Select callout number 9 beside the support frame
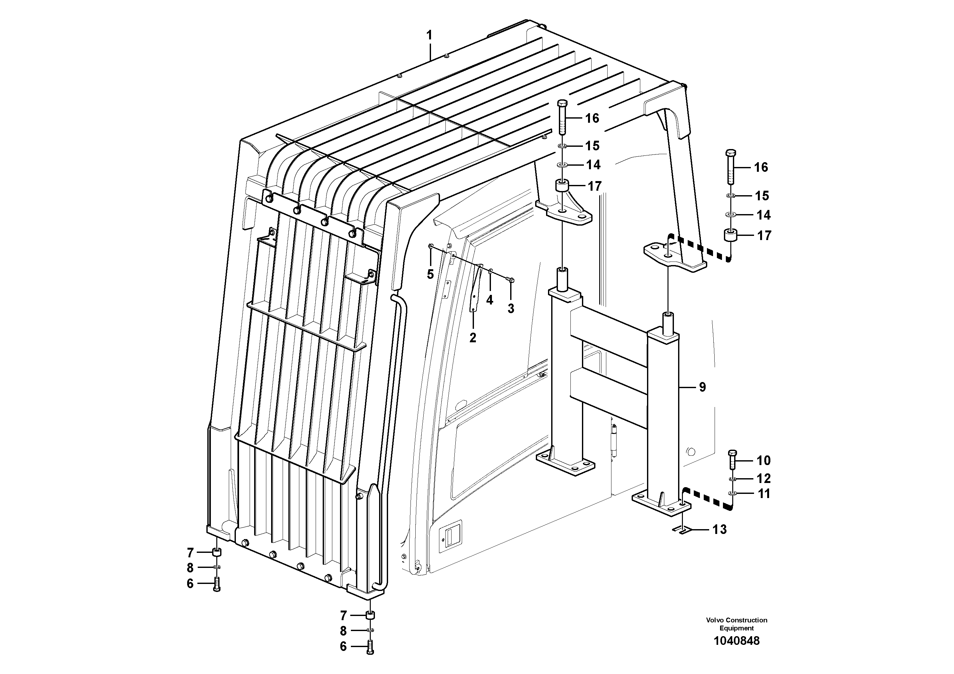(x=702, y=387)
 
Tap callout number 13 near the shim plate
(x=720, y=529)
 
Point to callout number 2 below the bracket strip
(x=473, y=338)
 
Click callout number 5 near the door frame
(x=430, y=274)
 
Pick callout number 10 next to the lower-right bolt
(x=763, y=461)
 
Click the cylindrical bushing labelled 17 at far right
(x=731, y=236)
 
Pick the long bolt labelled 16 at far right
(x=731, y=167)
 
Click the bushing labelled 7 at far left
(x=217, y=553)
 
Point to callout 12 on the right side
(x=763, y=478)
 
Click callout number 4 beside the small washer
(x=490, y=300)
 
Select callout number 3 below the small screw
(x=511, y=309)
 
